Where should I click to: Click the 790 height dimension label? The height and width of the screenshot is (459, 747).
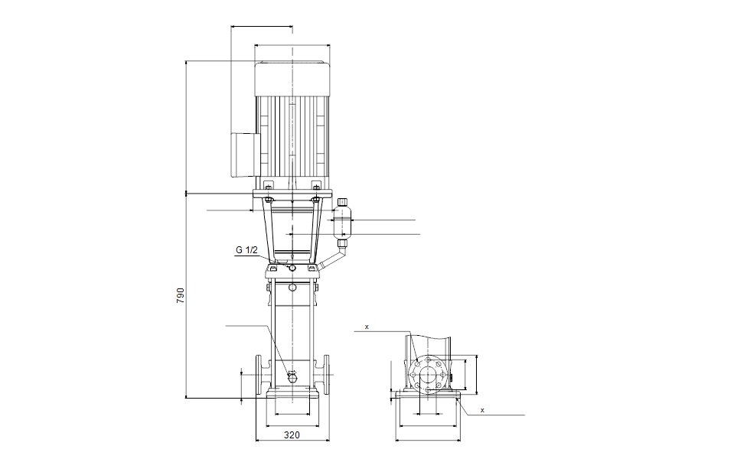[x=180, y=296]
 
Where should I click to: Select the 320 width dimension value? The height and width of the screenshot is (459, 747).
[x=292, y=435]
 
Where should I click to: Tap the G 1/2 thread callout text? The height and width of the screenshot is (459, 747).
[x=246, y=250]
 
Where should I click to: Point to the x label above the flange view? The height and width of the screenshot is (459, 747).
[x=367, y=327]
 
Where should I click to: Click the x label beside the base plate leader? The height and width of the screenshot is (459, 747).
[x=482, y=410]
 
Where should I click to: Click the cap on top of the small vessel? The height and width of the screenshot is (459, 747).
[x=342, y=202]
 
